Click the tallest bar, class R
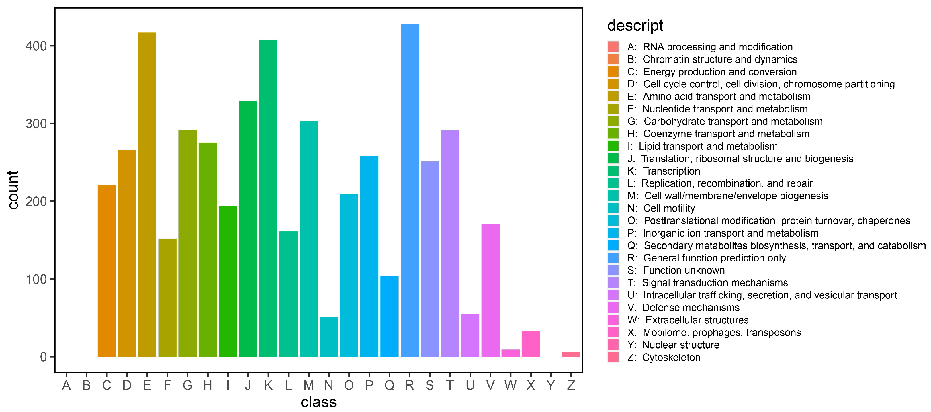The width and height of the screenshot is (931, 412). point(410,190)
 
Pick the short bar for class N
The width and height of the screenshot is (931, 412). point(329,337)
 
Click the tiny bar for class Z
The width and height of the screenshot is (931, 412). point(571,354)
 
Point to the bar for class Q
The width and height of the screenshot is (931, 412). point(389,316)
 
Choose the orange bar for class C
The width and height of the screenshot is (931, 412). point(107,271)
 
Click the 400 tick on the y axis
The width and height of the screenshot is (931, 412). point(36,46)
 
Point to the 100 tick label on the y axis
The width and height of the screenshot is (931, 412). point(36,279)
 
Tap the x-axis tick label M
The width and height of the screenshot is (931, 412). point(309,386)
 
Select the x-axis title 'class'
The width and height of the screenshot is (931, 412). point(318,402)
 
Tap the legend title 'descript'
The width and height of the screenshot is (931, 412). point(635,26)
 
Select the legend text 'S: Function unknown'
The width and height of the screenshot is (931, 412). point(676,270)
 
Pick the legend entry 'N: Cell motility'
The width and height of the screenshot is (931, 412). point(661,208)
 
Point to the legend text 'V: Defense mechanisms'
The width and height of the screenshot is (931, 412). point(683,308)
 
